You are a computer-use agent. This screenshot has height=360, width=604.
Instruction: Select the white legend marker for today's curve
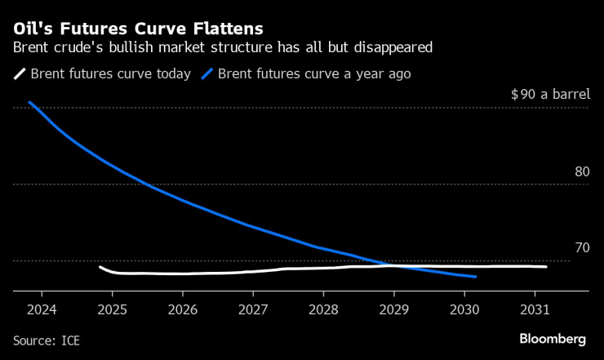(20, 73)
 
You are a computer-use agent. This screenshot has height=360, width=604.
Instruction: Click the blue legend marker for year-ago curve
(207, 73)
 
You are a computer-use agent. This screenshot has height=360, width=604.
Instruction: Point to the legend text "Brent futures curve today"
(111, 73)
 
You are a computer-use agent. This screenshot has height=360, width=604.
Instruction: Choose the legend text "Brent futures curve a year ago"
(314, 73)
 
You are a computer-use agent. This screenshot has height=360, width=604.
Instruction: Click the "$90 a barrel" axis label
(549, 94)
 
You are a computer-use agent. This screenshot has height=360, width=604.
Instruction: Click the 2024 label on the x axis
(41, 310)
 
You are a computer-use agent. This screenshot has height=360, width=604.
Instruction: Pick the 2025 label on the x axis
(112, 310)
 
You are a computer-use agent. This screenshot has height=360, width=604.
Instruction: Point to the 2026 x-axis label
(182, 310)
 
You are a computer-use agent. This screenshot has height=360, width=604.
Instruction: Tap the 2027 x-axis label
(252, 310)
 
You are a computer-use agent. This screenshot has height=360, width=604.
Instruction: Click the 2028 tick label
(323, 310)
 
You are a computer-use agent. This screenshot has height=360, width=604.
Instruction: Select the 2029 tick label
(393, 310)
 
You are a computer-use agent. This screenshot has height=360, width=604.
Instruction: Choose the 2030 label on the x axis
(464, 310)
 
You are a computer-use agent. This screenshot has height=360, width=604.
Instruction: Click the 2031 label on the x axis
(534, 310)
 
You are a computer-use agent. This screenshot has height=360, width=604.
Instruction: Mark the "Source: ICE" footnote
(47, 339)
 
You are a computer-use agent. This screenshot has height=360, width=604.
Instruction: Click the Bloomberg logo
(553, 338)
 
